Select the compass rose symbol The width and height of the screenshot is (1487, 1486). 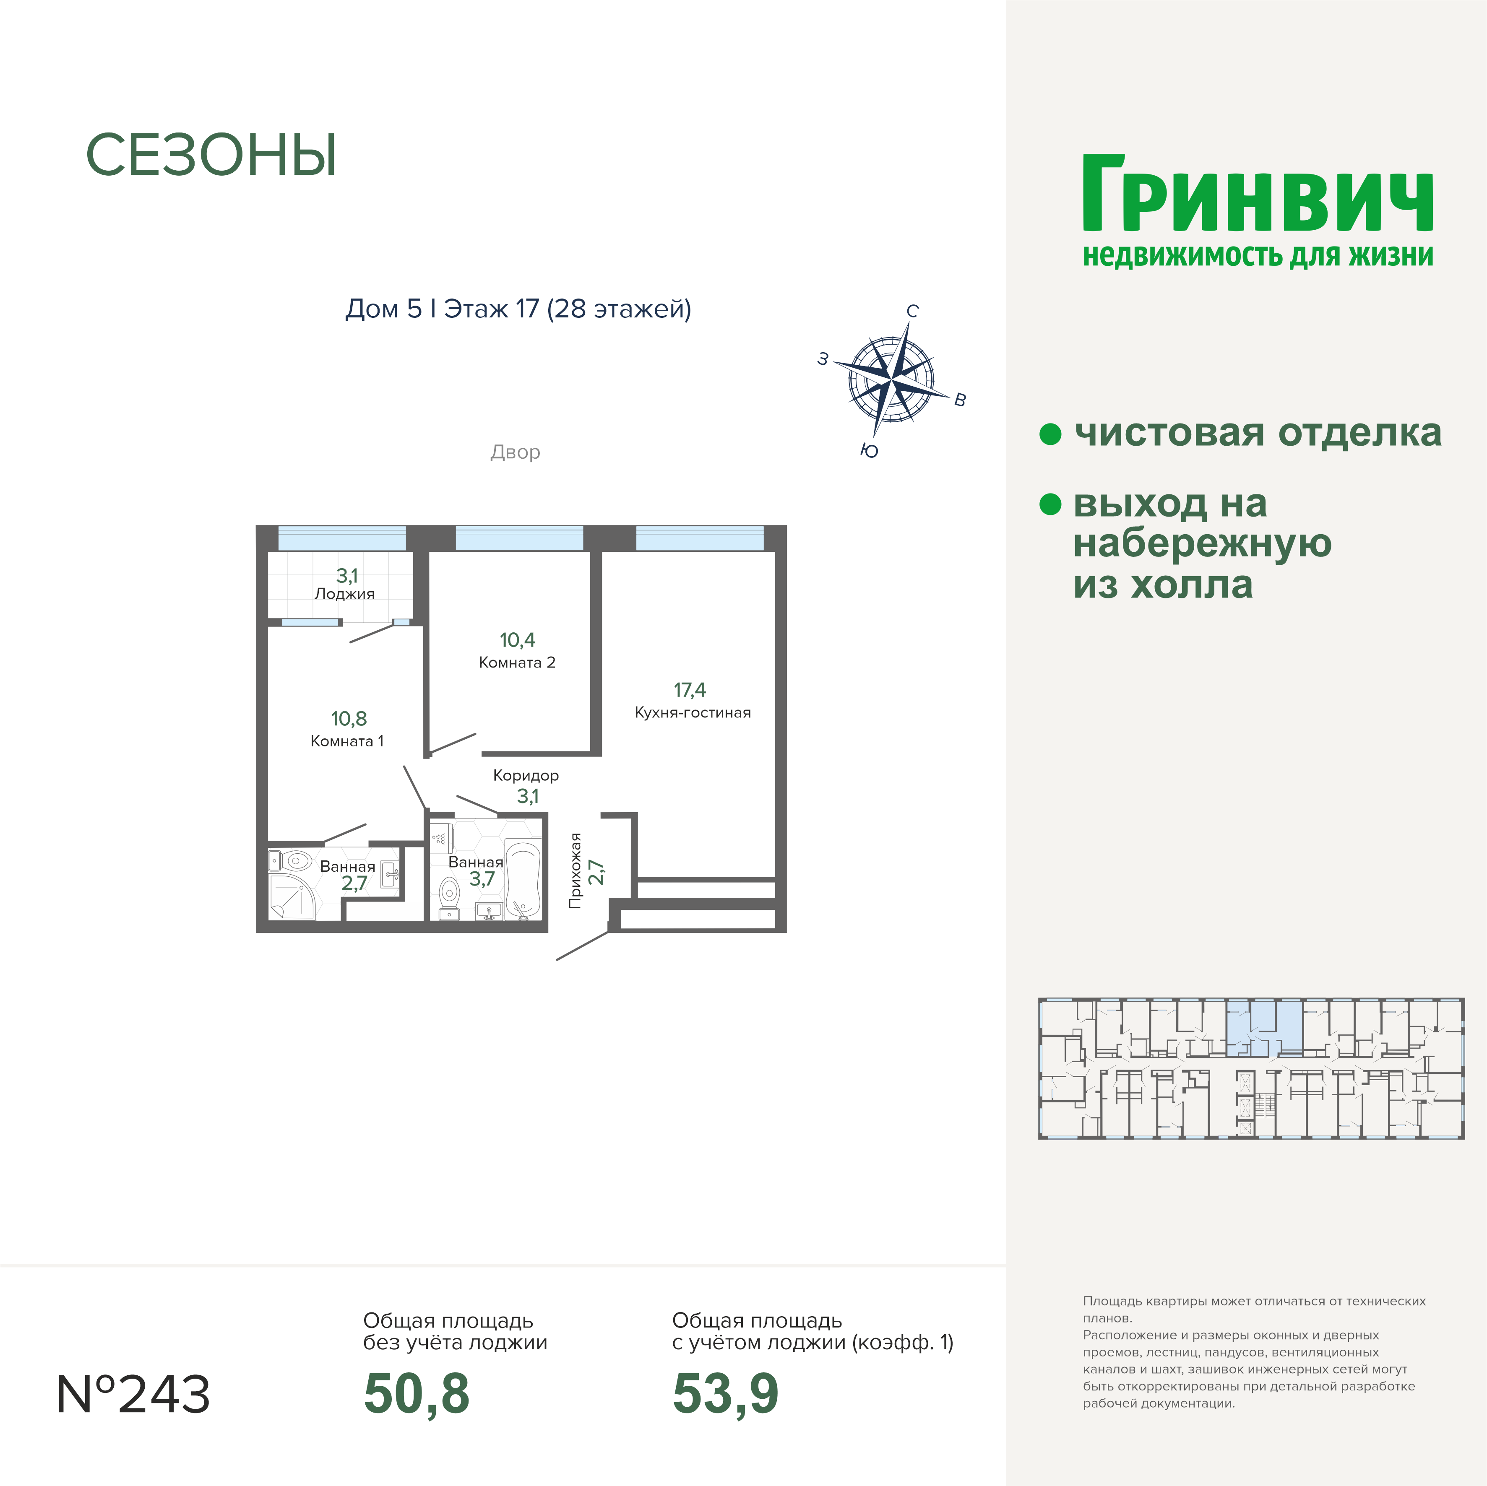pyautogui.click(x=892, y=380)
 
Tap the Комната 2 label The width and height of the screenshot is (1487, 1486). pyautogui.click(x=516, y=662)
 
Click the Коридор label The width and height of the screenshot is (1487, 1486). pyautogui.click(x=526, y=776)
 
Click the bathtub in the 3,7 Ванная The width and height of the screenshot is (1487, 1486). pyautogui.click(x=523, y=881)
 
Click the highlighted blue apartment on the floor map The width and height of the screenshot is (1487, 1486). pyautogui.click(x=1264, y=1027)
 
